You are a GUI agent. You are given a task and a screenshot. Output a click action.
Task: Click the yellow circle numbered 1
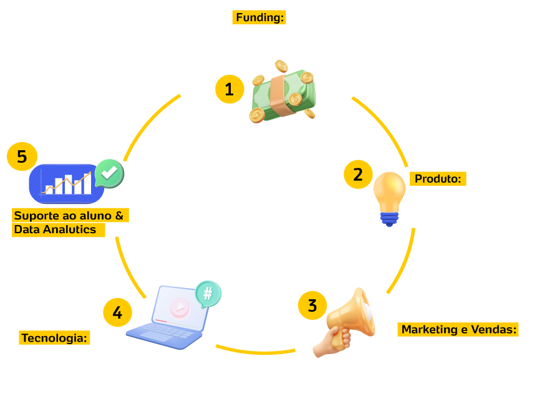coord(230,89)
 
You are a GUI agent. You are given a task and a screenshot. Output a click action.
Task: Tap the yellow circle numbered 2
coord(358,175)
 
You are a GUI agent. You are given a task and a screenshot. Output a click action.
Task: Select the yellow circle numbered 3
coord(312,305)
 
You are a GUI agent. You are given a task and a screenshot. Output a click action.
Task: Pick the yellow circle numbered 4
coord(117,312)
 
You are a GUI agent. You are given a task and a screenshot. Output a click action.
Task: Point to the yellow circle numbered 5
coord(22,156)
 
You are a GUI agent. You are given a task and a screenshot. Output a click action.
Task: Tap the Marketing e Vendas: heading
coord(459,330)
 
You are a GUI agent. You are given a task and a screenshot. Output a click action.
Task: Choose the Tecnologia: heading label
coord(55,338)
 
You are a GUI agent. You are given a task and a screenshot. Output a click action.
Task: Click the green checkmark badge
coord(109,173)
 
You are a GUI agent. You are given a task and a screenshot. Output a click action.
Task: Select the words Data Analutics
coord(55,229)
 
